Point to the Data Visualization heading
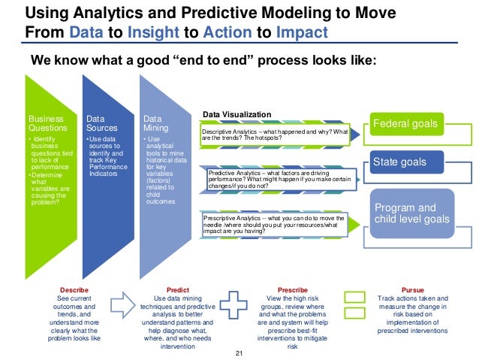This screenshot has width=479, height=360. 236,115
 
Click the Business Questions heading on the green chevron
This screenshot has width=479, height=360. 45,123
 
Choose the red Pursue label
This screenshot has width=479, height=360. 412,289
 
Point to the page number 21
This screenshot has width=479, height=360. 239,353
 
